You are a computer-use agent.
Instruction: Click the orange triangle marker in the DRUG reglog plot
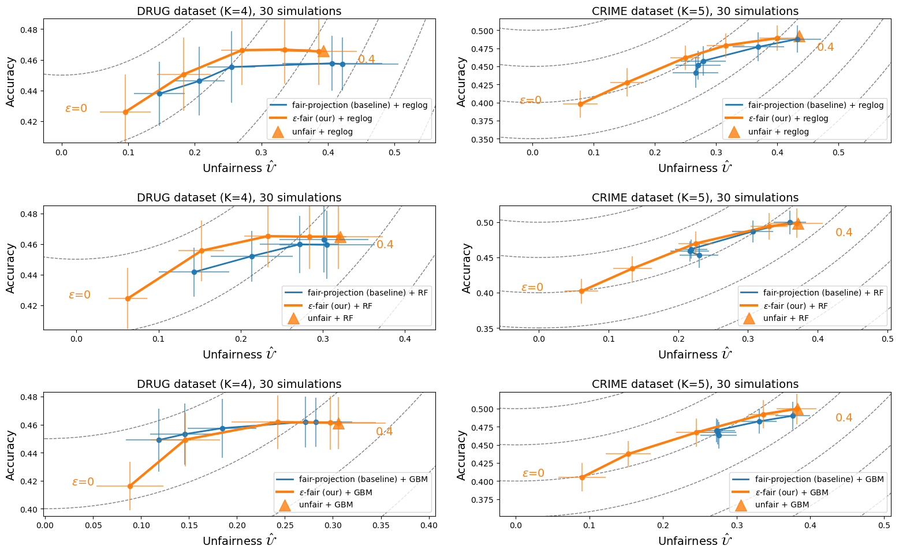(323, 51)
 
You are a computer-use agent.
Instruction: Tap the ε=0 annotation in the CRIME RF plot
(532, 287)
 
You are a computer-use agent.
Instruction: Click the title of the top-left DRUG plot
(239, 11)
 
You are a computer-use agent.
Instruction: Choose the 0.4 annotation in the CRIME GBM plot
(844, 418)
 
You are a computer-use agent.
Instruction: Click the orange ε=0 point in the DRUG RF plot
(128, 298)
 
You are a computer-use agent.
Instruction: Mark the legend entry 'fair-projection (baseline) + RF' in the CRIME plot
(823, 293)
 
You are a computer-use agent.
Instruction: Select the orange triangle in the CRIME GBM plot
(797, 409)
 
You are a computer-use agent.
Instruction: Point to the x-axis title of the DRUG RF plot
(239, 354)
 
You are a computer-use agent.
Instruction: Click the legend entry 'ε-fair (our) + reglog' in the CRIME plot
(788, 118)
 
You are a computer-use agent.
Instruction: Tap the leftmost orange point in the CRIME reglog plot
(580, 104)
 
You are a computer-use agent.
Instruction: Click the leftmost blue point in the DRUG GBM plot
(159, 440)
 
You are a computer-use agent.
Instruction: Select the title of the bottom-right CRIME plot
(695, 384)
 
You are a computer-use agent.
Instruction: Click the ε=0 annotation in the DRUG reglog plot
(76, 109)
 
